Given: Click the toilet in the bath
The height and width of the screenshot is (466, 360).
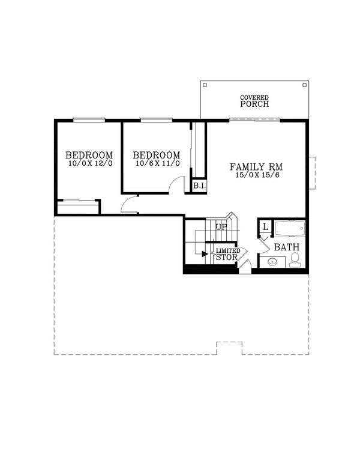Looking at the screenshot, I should point(295,259).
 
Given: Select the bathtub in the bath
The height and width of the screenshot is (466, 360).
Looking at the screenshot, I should point(290,229).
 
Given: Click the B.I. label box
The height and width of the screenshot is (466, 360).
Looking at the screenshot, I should point(199,186).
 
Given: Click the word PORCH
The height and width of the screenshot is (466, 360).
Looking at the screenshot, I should point(254,104).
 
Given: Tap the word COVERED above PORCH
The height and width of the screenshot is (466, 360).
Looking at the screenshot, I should point(254,97).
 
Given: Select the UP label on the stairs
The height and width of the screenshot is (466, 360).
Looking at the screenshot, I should point(221,228).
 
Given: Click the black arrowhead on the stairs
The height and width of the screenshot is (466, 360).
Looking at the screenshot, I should point(205,254).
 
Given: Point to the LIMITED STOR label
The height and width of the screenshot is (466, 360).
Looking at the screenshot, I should point(228,254).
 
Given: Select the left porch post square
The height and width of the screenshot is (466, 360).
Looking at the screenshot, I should point(205,85).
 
